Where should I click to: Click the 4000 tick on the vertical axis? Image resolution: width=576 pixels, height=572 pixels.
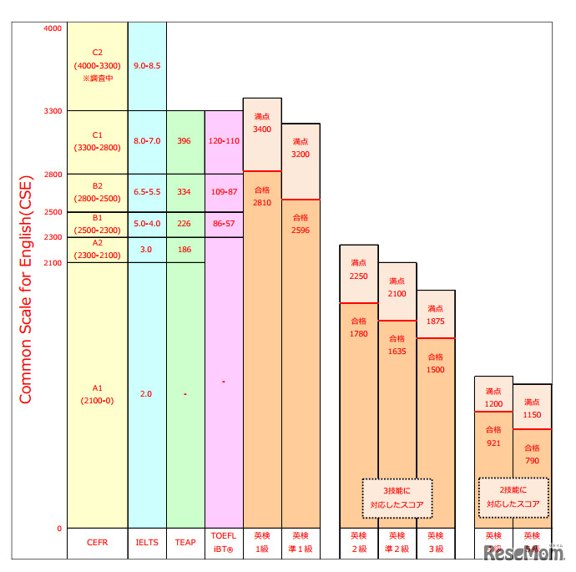point(52,28)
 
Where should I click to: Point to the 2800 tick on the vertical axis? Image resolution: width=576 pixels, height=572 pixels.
point(52,175)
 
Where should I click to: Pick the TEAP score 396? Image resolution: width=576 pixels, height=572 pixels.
point(184,141)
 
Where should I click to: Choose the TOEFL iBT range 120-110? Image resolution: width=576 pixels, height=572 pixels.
point(223,141)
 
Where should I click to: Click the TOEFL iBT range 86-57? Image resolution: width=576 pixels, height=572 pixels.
point(223,224)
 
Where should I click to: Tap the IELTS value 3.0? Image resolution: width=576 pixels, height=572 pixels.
point(147,250)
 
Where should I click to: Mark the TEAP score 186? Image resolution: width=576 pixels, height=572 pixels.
point(184,250)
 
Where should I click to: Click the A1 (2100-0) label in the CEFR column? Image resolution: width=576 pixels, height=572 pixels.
point(97,394)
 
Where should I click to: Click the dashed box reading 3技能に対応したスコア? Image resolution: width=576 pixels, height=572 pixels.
point(397,497)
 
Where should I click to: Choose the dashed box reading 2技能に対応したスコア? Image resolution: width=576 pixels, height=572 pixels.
point(513,497)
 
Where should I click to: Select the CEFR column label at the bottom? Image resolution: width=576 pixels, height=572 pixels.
point(97,543)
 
